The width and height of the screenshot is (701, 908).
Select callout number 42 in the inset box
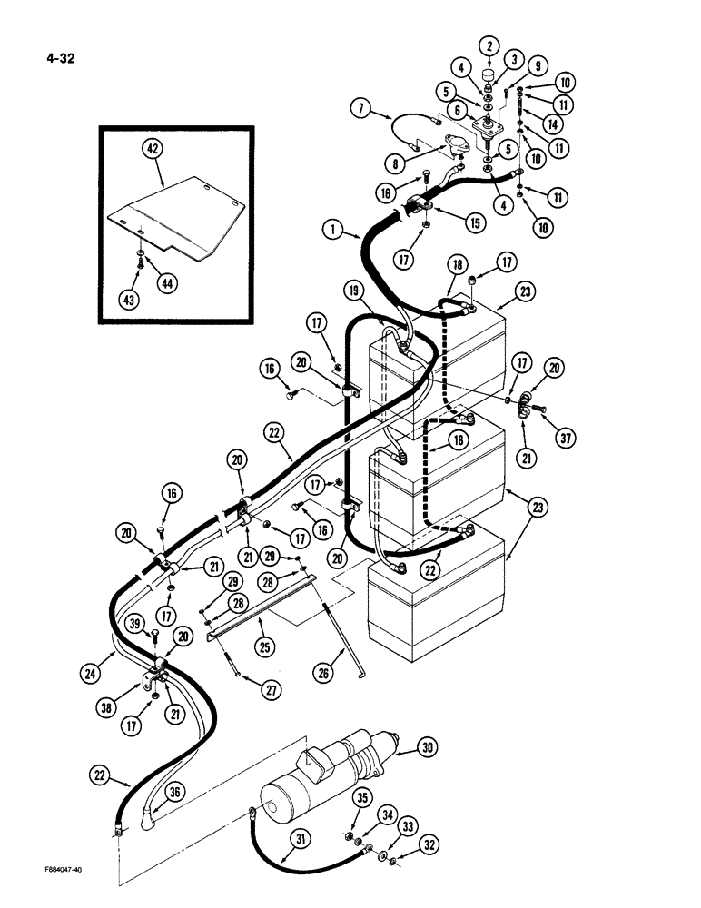coord(151,152)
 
